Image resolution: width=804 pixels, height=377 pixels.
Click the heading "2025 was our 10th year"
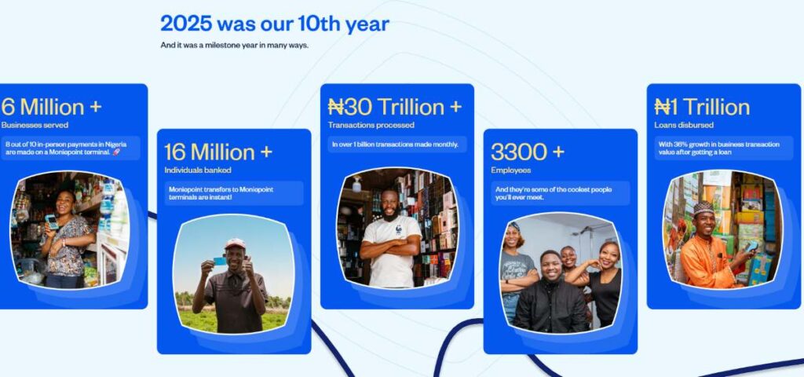[275, 24]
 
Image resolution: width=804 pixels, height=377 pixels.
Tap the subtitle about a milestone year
[234, 45]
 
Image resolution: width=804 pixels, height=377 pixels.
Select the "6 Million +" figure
[51, 107]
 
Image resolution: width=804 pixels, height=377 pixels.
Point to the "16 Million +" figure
[218, 152]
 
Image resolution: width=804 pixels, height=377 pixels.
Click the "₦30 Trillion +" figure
[395, 107]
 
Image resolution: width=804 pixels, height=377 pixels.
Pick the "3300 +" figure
[528, 152]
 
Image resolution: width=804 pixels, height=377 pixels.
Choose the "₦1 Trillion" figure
[702, 107]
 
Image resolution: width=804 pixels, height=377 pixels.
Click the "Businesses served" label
[35, 125]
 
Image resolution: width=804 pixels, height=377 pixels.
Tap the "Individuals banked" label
[198, 170]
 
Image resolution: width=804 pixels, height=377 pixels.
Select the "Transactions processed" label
[371, 125]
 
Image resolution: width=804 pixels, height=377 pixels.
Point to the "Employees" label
[510, 170]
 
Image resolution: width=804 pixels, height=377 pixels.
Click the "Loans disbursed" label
[684, 125]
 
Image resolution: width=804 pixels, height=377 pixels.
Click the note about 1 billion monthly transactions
[396, 145]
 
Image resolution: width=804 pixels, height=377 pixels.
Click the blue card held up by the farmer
[220, 261]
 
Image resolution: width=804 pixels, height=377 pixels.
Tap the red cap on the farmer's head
[235, 243]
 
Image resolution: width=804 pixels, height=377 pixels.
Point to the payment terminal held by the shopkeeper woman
[51, 221]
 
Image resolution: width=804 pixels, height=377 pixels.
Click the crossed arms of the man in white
[389, 248]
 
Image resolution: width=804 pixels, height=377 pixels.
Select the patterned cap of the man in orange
[703, 207]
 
